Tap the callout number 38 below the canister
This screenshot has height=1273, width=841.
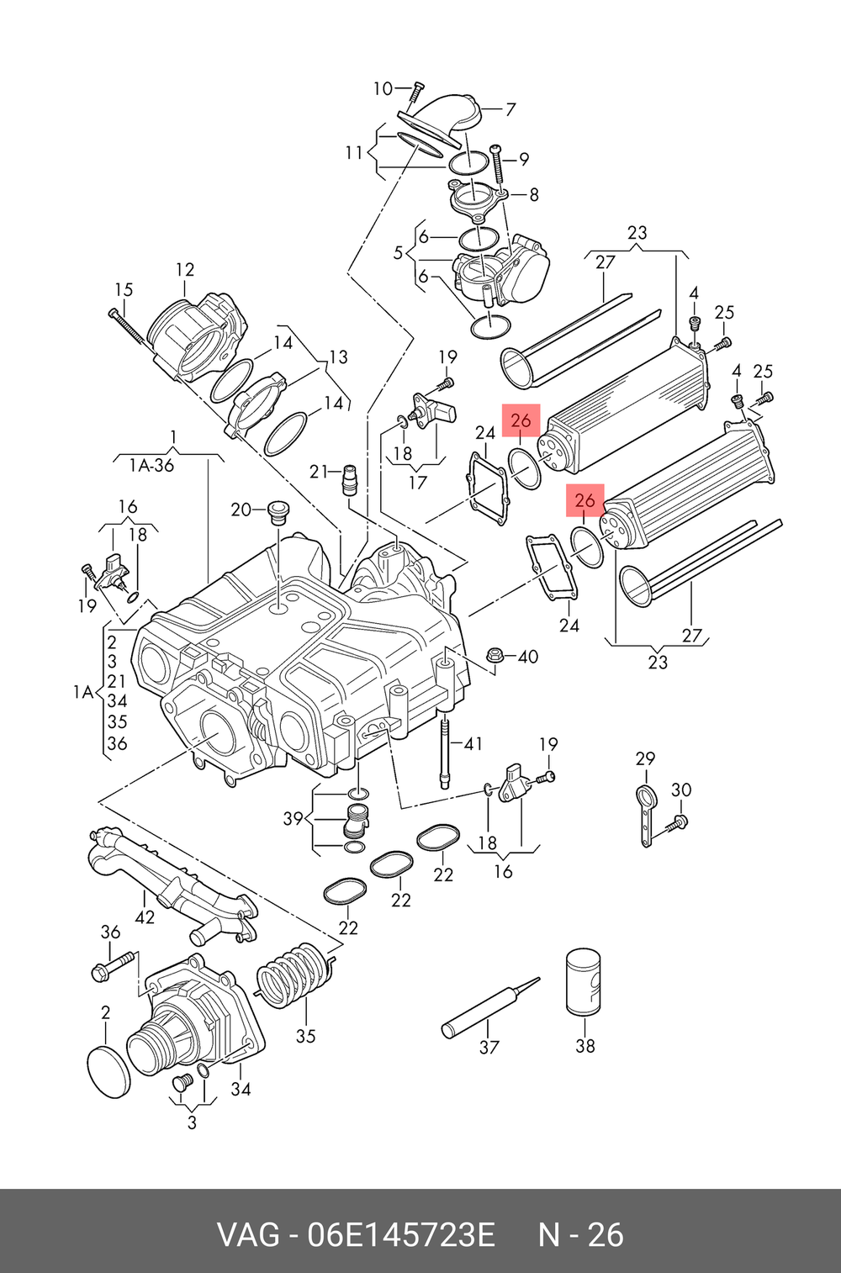[x=585, y=1045]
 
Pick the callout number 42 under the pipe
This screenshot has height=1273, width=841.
[x=145, y=916]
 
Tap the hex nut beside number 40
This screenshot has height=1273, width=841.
[x=495, y=656]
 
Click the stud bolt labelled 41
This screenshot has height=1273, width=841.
[x=445, y=748]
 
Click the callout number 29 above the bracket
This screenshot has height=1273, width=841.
[x=645, y=758]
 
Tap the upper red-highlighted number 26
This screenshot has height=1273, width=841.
[x=521, y=420]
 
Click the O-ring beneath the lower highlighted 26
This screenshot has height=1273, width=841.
[x=587, y=546]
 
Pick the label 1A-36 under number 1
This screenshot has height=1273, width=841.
[x=151, y=465]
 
